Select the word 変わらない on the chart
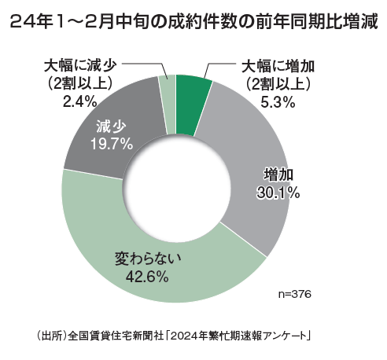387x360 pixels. (138, 257)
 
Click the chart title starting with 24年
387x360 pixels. (193, 24)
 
